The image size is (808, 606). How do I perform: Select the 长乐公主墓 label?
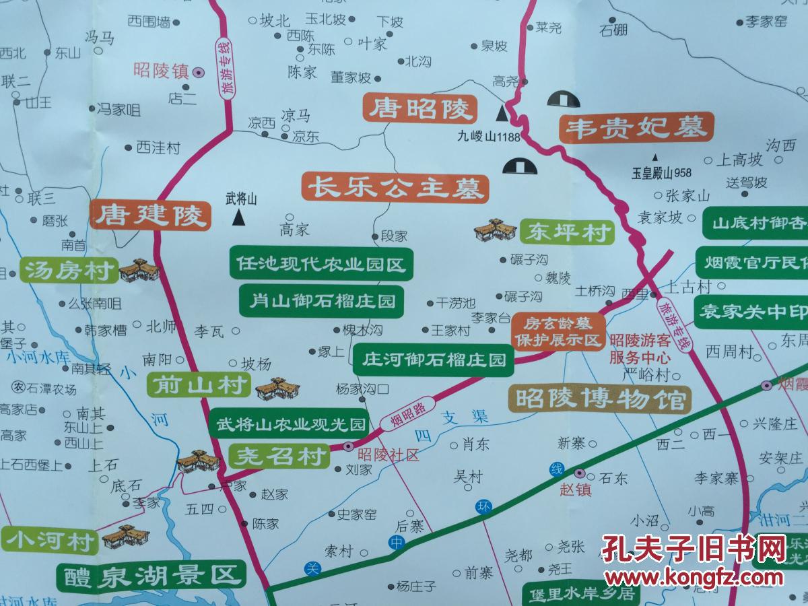click(x=395, y=187)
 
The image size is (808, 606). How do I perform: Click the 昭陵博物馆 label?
click(x=599, y=399)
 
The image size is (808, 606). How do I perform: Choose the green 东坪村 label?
click(x=567, y=233)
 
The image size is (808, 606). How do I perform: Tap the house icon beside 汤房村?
click(x=139, y=269)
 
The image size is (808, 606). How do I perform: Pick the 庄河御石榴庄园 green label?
click(x=434, y=360)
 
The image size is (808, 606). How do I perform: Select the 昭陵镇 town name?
click(x=161, y=70)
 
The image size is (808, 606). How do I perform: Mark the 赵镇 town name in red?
click(x=575, y=490)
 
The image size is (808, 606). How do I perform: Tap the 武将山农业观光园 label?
click(x=290, y=424)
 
